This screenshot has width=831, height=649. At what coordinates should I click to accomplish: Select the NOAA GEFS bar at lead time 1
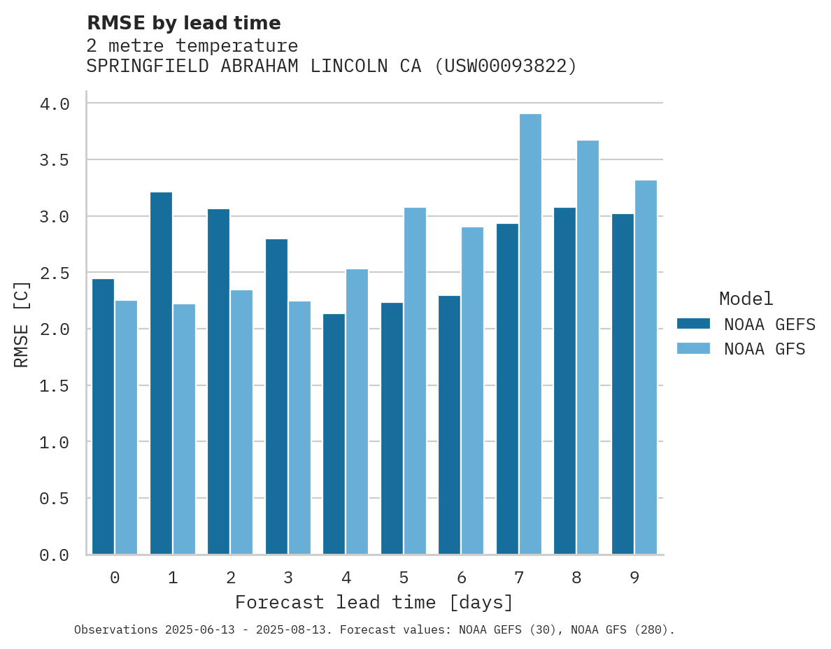point(161,373)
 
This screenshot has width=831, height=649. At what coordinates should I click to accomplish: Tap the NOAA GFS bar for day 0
point(126,427)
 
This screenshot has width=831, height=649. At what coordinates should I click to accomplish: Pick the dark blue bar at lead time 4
point(334,434)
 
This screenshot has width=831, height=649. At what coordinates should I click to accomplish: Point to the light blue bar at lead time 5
point(415,381)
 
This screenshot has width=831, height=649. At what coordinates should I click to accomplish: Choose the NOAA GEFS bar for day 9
point(623,384)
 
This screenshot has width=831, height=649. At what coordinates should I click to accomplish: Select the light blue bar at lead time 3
point(299,428)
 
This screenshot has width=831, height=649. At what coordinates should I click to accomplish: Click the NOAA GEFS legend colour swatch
point(693,324)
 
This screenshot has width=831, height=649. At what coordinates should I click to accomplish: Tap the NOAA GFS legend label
point(765,349)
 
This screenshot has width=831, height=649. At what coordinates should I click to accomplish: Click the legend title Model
point(746,299)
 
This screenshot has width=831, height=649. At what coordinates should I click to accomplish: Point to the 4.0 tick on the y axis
point(55,104)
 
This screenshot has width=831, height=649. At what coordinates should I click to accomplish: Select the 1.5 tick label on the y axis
point(55,385)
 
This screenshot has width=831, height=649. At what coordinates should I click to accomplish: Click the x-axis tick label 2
point(230,578)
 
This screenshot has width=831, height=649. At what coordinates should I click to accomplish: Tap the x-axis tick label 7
point(518,578)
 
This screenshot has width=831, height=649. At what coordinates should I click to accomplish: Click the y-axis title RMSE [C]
point(22,324)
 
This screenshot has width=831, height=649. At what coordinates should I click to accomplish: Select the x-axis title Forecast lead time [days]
point(374,602)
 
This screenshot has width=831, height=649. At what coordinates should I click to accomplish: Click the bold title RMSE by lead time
point(183,23)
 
